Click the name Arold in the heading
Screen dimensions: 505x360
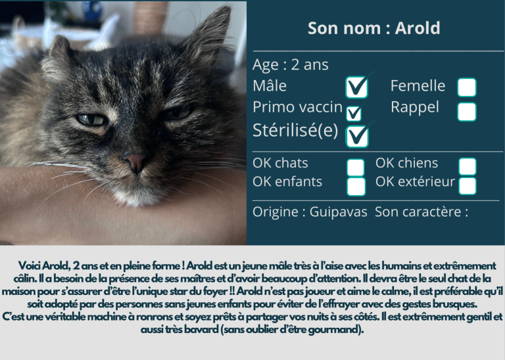pyautogui.click(x=418, y=28)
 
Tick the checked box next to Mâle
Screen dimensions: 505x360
pyautogui.click(x=356, y=87)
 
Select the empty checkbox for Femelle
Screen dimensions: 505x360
pyautogui.click(x=467, y=87)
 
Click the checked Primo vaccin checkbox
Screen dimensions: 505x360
pyautogui.click(x=354, y=114)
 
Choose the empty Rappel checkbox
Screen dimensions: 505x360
pyautogui.click(x=467, y=112)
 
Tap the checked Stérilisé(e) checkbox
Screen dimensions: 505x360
pyautogui.click(x=357, y=137)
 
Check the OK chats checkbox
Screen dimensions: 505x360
pyautogui.click(x=356, y=168)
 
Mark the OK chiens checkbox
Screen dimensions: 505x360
pyautogui.click(x=468, y=166)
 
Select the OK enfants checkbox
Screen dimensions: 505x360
pyautogui.click(x=356, y=187)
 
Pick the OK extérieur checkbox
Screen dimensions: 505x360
pyautogui.click(x=468, y=186)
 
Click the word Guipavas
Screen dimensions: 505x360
pyautogui.click(x=338, y=212)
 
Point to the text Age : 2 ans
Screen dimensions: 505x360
pyautogui.click(x=291, y=64)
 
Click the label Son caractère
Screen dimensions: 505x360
pyautogui.click(x=418, y=212)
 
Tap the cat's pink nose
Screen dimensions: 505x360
pyautogui.click(x=135, y=161)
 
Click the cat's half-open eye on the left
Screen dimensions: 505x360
pyautogui.click(x=91, y=120)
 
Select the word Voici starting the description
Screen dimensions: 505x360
pyautogui.click(x=30, y=266)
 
